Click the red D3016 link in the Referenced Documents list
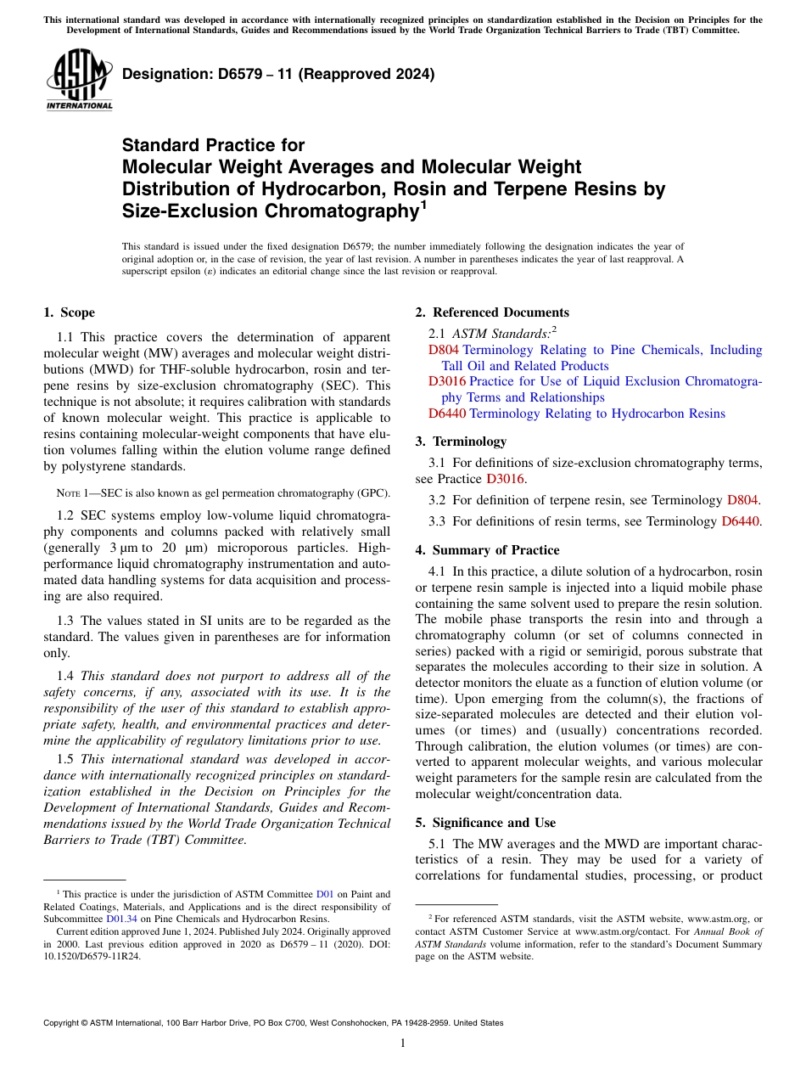447,381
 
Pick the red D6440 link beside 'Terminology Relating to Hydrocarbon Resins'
447,413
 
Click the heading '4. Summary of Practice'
487,550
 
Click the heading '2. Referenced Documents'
491,312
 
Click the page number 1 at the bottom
403,1043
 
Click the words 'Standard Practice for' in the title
213,145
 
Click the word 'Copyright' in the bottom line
64,1023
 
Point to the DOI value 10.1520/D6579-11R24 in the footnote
92,955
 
